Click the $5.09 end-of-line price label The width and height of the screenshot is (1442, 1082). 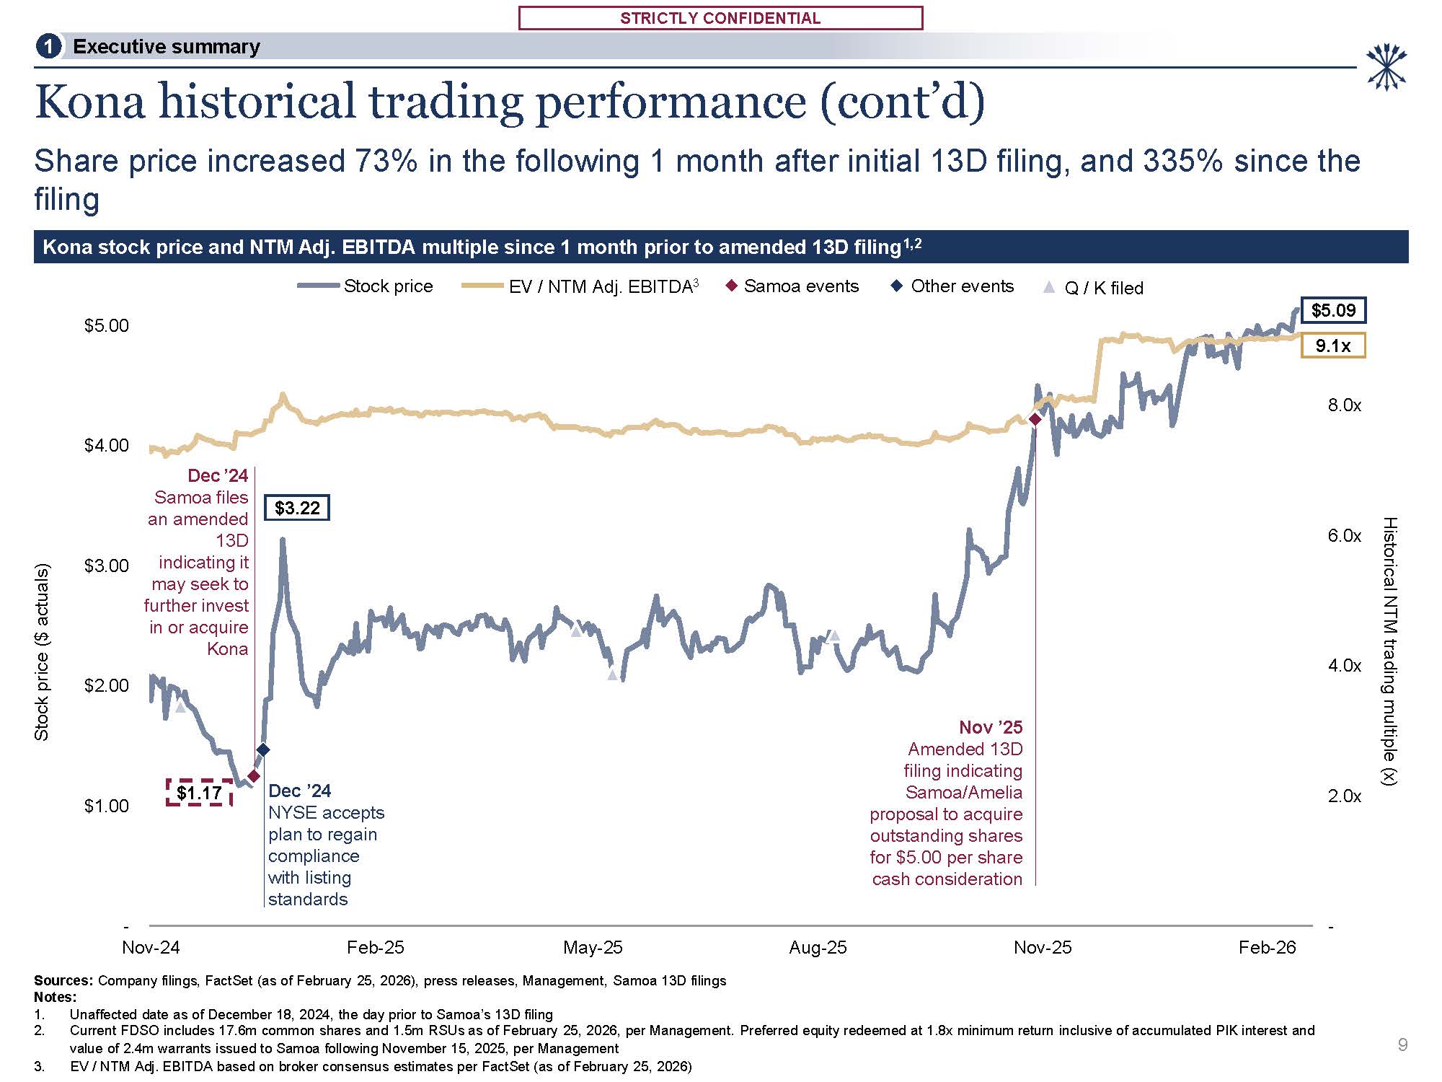[x=1333, y=310]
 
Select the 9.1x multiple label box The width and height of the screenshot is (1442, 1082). [x=1333, y=346]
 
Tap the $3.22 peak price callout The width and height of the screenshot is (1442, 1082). [x=297, y=508]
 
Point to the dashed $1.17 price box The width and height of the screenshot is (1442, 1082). [x=199, y=793]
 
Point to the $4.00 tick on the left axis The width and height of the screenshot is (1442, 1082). [x=107, y=445]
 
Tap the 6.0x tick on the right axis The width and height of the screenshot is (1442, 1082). [x=1345, y=535]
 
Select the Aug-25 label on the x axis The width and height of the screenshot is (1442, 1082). [x=818, y=947]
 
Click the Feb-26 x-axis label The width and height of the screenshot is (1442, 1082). [x=1267, y=947]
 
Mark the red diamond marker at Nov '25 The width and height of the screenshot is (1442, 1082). [x=1035, y=419]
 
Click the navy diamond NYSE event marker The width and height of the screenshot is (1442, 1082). [x=263, y=750]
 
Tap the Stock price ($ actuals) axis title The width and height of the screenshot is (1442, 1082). [x=42, y=652]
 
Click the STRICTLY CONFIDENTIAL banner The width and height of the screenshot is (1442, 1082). [x=720, y=18]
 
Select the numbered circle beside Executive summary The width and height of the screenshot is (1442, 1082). [x=48, y=47]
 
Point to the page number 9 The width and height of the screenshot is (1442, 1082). [x=1402, y=1044]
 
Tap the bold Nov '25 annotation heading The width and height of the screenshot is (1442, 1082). [x=991, y=727]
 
